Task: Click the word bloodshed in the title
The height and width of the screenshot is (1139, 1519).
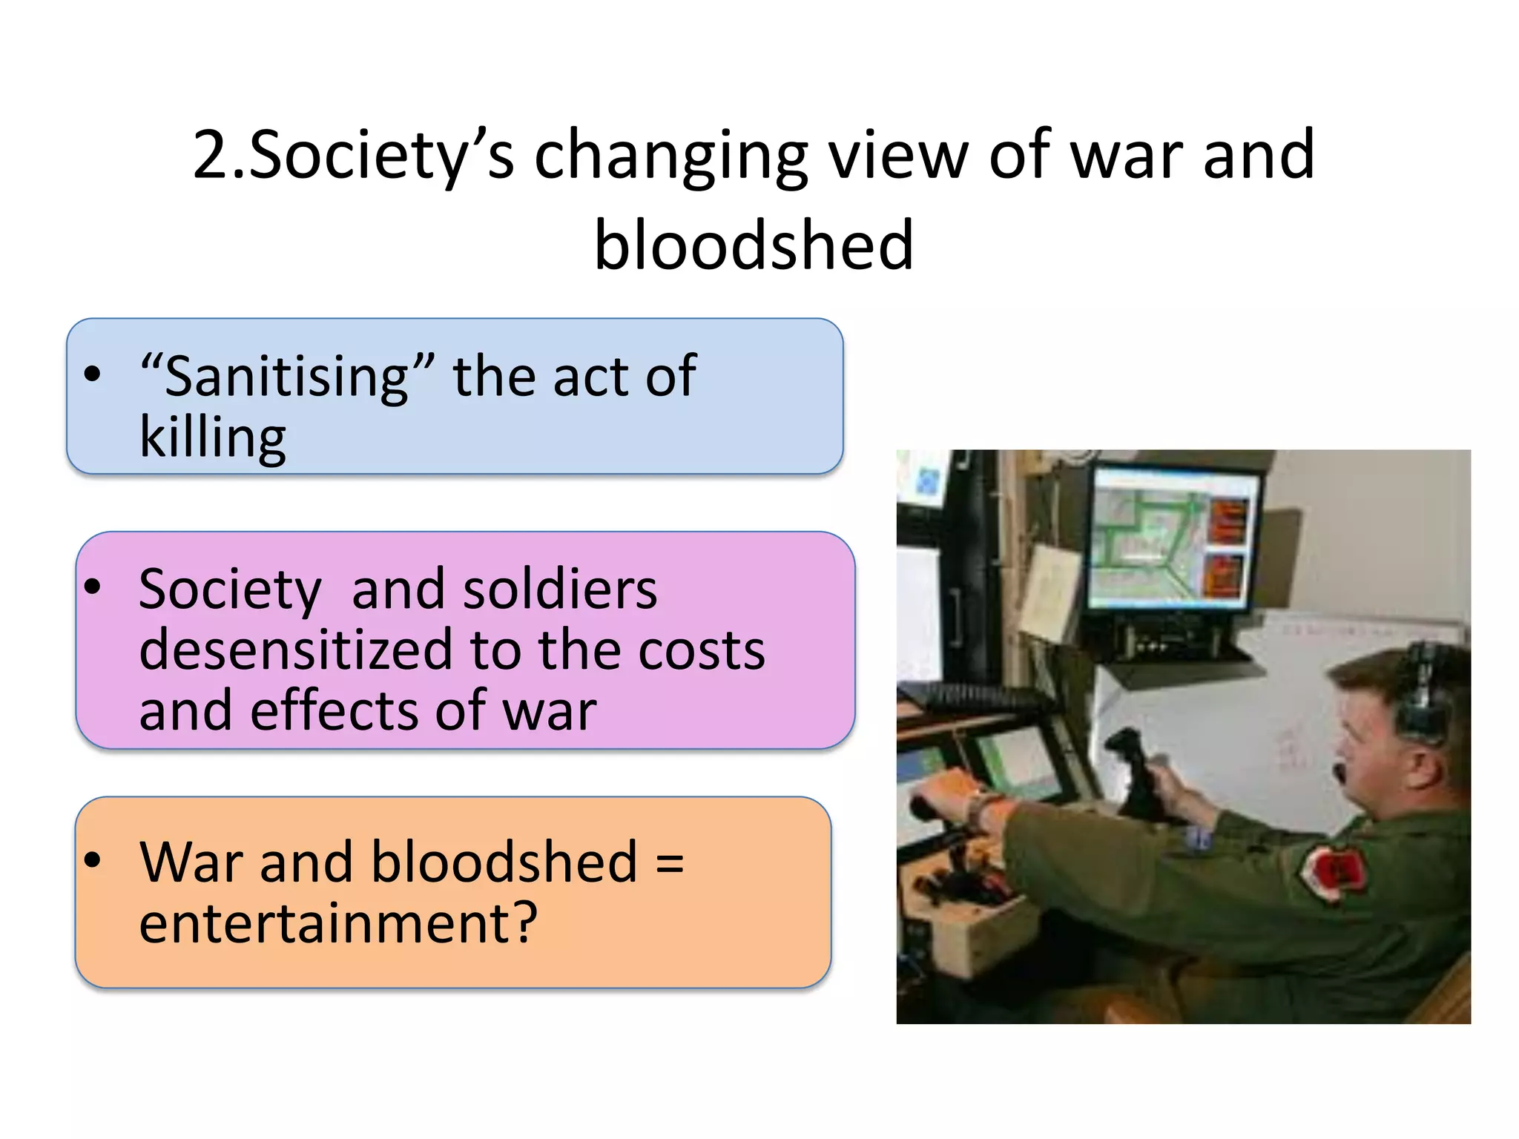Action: coord(754,245)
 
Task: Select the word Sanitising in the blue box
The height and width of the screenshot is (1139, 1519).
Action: coord(286,377)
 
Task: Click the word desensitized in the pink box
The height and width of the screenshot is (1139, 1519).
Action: coord(294,650)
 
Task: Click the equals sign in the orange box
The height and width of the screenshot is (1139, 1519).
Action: coord(670,862)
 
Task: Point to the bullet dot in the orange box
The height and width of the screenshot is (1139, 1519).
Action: coord(92,861)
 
